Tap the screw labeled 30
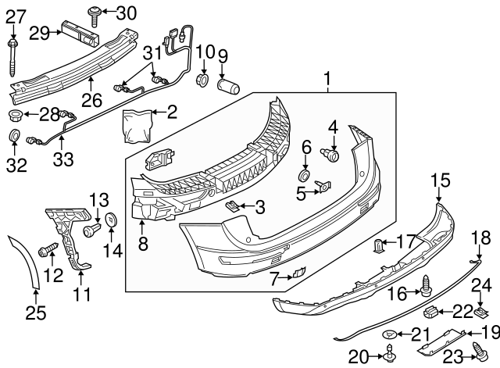point(95,12)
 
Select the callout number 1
point(327,78)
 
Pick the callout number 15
point(441,180)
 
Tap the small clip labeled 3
point(232,206)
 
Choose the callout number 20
point(358,357)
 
